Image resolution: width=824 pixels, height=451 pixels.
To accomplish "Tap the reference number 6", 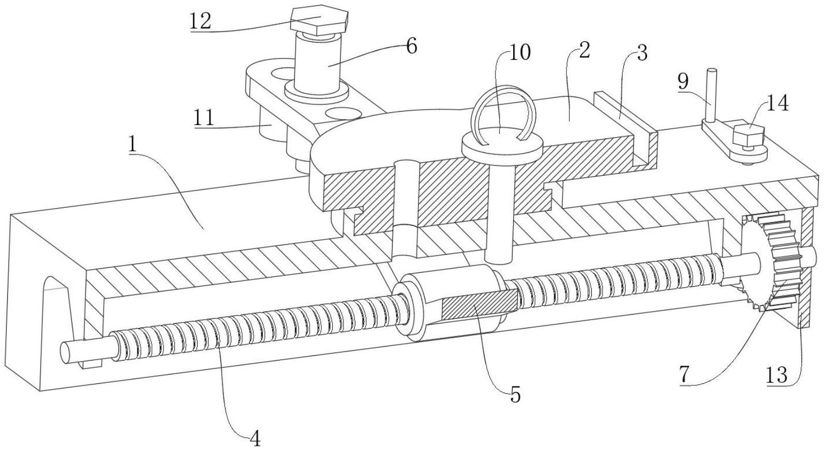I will [411, 46].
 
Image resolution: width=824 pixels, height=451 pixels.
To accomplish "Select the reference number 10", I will [520, 53].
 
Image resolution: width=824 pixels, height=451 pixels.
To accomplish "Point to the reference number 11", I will [203, 119].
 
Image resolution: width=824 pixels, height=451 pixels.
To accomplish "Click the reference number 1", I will [133, 145].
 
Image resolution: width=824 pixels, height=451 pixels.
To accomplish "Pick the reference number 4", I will [254, 438].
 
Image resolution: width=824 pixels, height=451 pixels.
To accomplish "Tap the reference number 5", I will [515, 395].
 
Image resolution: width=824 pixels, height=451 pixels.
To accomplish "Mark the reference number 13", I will [776, 375].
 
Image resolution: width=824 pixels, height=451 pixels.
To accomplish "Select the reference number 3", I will [641, 54].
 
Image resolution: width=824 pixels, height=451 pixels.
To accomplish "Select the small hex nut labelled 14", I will [748, 136].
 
